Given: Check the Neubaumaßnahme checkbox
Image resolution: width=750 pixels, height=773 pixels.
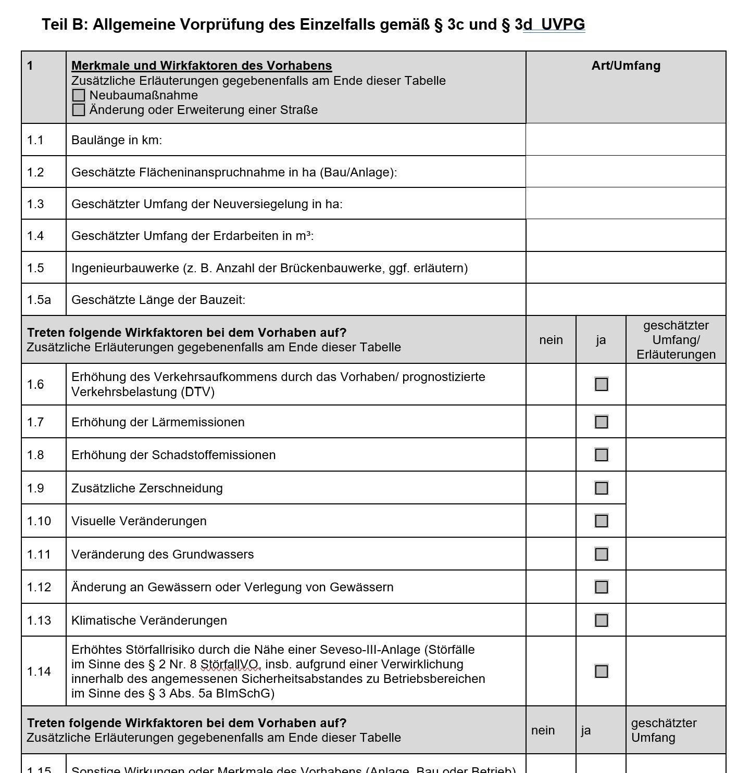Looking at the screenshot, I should pos(79,95).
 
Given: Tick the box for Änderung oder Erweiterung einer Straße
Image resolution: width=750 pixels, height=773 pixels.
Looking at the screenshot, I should pos(79,110).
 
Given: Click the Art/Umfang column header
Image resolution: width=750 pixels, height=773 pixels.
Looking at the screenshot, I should pos(626,66).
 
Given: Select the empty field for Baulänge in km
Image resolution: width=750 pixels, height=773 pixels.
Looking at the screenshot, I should pos(626,140).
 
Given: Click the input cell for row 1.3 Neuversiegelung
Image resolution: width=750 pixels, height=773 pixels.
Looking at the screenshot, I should pos(626,204).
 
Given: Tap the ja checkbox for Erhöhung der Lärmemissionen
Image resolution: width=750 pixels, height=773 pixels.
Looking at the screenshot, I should pos(601,422).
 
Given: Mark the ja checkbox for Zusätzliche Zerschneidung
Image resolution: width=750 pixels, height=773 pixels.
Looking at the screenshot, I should pos(601,488).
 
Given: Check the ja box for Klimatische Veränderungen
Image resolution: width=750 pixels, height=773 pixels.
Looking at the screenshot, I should pos(601,620).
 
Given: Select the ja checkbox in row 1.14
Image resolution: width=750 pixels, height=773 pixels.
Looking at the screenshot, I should pos(601,671).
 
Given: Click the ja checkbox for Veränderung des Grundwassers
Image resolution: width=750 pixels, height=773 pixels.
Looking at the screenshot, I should pos(601,554).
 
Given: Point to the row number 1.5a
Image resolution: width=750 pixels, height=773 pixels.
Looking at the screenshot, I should pos(39,300).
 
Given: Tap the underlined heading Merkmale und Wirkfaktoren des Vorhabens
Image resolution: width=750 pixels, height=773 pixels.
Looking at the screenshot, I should pos(202,66).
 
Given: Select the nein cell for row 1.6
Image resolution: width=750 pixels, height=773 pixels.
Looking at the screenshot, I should pos(551,384).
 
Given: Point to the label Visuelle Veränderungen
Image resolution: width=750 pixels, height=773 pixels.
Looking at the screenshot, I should pos(139,521).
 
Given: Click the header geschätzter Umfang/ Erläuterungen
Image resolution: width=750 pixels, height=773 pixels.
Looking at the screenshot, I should pos(676,340).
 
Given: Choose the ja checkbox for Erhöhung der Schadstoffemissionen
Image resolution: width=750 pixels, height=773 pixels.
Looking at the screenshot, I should pos(601,454).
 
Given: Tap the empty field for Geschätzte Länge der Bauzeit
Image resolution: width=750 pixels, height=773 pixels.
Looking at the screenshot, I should pos(626,300).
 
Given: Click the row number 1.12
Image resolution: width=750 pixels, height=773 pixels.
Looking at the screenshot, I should pos(39,587).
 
